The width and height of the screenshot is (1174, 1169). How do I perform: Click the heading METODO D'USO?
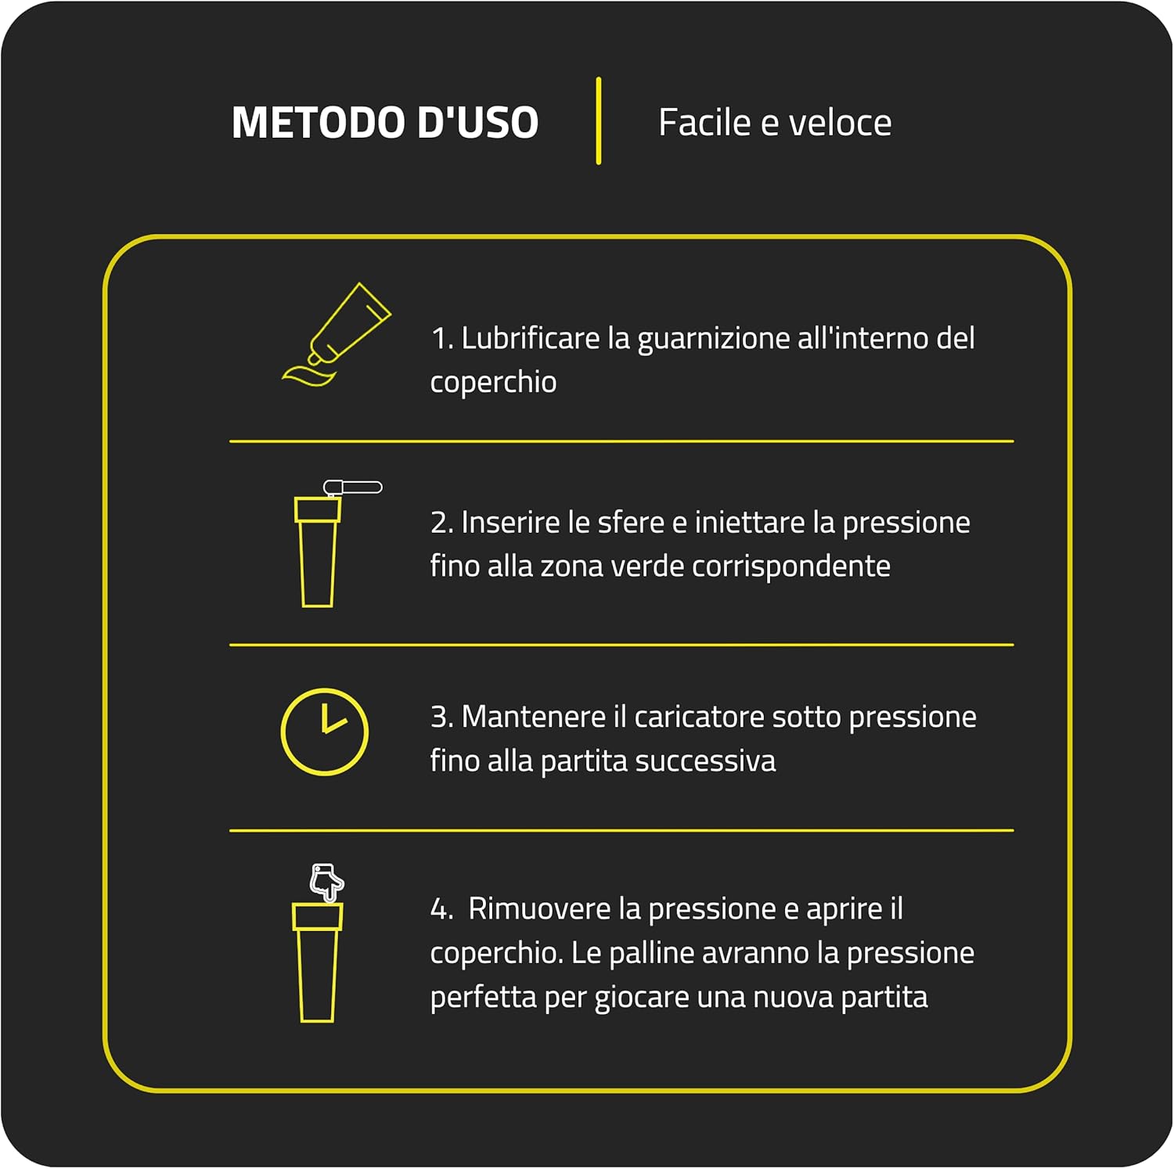pyautogui.click(x=384, y=123)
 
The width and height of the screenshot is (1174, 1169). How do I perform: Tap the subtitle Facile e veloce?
pyautogui.click(x=774, y=123)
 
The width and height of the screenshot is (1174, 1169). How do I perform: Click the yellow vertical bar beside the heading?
pyautogui.click(x=599, y=120)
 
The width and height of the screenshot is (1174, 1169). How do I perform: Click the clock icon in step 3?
pyautogui.click(x=324, y=732)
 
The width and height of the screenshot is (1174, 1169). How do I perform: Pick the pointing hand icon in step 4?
pyautogui.click(x=326, y=882)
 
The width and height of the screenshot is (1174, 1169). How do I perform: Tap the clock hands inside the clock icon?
pyautogui.click(x=331, y=721)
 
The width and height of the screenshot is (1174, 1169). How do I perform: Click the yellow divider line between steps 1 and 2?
pyautogui.click(x=621, y=441)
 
